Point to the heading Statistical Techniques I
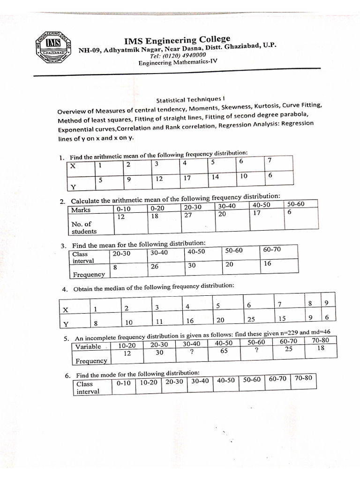coord(190,99)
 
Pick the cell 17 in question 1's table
coord(187,178)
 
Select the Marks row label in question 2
coord(81,210)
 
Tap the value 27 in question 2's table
coord(188,215)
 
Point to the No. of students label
coord(83,227)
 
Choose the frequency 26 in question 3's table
coord(155,266)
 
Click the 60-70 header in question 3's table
coord(272,250)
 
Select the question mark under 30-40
coord(192,352)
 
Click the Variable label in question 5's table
coord(88,346)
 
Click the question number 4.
coord(65,289)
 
